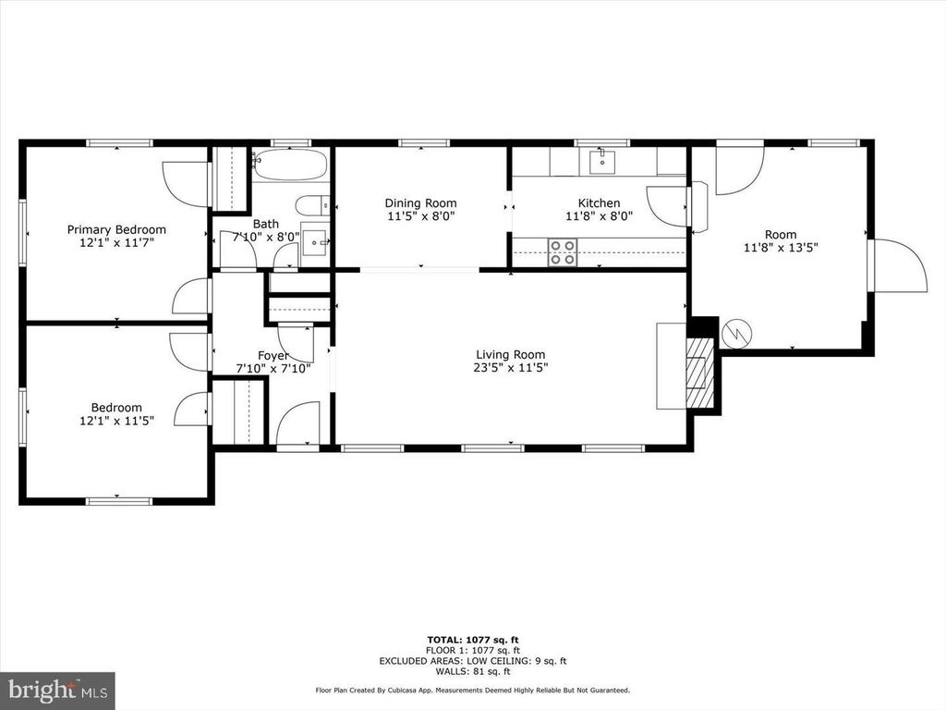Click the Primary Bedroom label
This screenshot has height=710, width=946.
116,229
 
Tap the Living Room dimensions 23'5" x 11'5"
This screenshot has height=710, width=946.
510,368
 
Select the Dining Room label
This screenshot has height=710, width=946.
420,202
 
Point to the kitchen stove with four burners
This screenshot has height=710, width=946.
563,252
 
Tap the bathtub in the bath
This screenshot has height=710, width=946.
290,165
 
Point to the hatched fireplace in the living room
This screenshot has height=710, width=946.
700,372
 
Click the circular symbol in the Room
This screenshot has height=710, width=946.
736,333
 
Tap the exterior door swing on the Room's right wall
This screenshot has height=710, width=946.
898,265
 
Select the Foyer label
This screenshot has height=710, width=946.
273,356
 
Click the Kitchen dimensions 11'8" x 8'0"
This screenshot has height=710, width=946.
599,216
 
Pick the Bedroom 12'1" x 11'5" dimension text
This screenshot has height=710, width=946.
117,421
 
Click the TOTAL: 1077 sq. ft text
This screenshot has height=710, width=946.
473,640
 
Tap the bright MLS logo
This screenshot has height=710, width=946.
57,690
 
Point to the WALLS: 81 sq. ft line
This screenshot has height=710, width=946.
473,671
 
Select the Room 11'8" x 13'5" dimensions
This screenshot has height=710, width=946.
781,247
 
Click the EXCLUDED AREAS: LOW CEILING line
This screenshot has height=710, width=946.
473,661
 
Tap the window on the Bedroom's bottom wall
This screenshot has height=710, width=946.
119,500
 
